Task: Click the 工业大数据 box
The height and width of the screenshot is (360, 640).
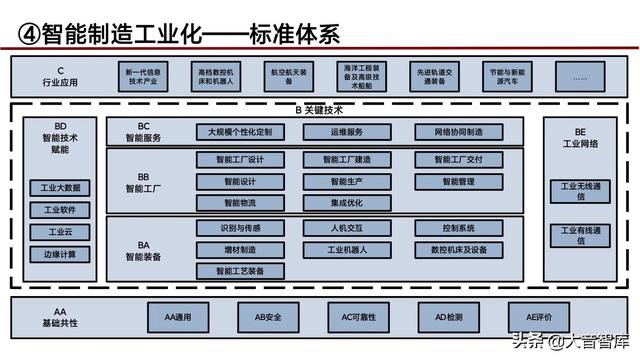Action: [x=61, y=188]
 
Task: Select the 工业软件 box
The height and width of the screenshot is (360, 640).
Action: [x=61, y=210]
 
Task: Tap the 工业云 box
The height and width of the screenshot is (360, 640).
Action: [x=61, y=232]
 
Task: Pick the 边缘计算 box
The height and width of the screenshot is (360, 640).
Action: [x=61, y=254]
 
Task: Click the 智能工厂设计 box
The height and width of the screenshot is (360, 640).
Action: [x=240, y=160]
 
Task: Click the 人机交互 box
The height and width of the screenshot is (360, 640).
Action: [x=347, y=228]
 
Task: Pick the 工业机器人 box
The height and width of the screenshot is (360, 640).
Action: [x=347, y=250]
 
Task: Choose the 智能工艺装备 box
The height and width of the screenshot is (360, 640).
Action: [x=240, y=271]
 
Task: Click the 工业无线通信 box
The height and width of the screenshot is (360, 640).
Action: [x=581, y=191]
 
